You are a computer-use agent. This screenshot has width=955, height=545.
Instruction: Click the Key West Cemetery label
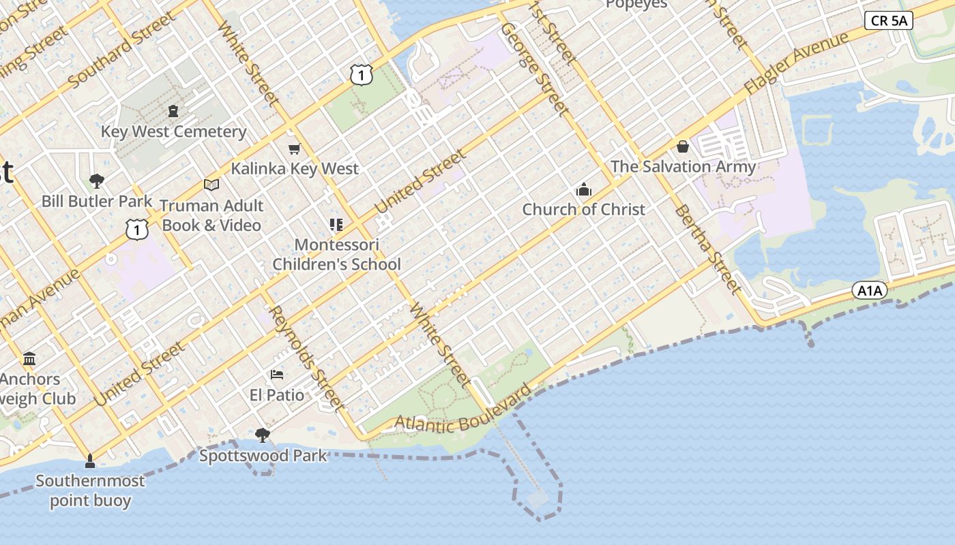coord(173,131)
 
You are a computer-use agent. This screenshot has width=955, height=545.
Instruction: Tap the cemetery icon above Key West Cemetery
coord(173,110)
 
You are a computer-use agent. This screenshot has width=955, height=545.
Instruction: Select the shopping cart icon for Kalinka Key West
coord(294,149)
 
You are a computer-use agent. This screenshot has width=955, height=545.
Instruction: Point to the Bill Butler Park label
coord(97,201)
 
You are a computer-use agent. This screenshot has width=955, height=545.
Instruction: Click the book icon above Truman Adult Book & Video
coord(211,185)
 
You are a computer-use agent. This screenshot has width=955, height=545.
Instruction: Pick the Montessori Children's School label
coord(336,254)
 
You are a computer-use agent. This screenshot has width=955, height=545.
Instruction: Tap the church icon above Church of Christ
coord(583,190)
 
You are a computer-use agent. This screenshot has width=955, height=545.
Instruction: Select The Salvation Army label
coord(683,166)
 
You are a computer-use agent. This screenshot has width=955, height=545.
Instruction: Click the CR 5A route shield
coord(888,20)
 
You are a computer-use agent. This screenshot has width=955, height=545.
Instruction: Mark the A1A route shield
coord(869,291)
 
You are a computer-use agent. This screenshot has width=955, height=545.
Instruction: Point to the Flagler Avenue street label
coord(796,63)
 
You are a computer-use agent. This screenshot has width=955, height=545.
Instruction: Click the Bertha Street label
coord(707,249)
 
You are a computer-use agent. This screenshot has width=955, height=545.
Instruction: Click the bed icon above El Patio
coord(277,375)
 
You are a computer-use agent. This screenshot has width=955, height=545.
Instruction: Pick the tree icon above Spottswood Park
coord(262,435)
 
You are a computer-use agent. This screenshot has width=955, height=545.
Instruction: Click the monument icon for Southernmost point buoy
coord(89,461)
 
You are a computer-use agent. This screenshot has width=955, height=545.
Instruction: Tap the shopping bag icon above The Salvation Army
coord(682,146)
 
